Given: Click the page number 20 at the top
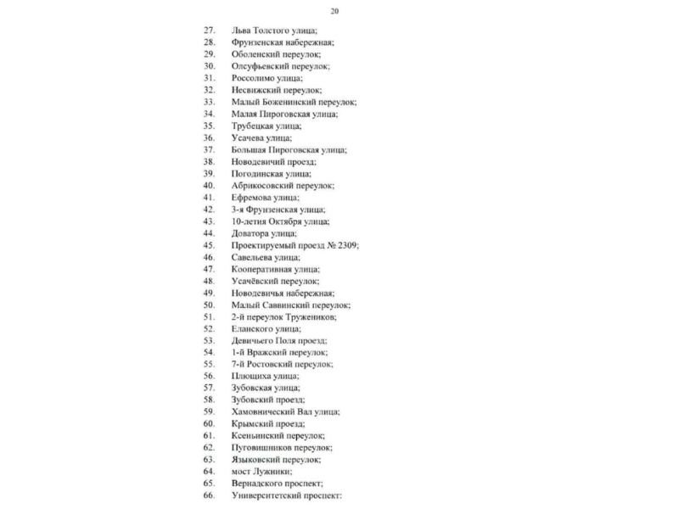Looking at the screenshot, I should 335,11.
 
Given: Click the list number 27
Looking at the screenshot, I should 209,30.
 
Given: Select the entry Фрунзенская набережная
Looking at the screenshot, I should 282,42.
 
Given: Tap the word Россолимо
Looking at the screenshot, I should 252,77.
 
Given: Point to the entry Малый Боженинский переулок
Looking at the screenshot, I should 293,101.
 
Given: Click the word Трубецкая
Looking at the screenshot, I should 252,125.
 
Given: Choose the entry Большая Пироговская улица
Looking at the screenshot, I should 289,149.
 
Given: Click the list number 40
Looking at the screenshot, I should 209,185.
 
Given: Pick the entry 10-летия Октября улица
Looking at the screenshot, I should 279,221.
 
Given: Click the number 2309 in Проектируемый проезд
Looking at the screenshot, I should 345,244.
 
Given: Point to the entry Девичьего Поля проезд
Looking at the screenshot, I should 278,339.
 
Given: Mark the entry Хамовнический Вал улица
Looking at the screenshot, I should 285,411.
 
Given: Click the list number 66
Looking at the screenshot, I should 209,495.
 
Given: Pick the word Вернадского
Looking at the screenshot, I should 260,483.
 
